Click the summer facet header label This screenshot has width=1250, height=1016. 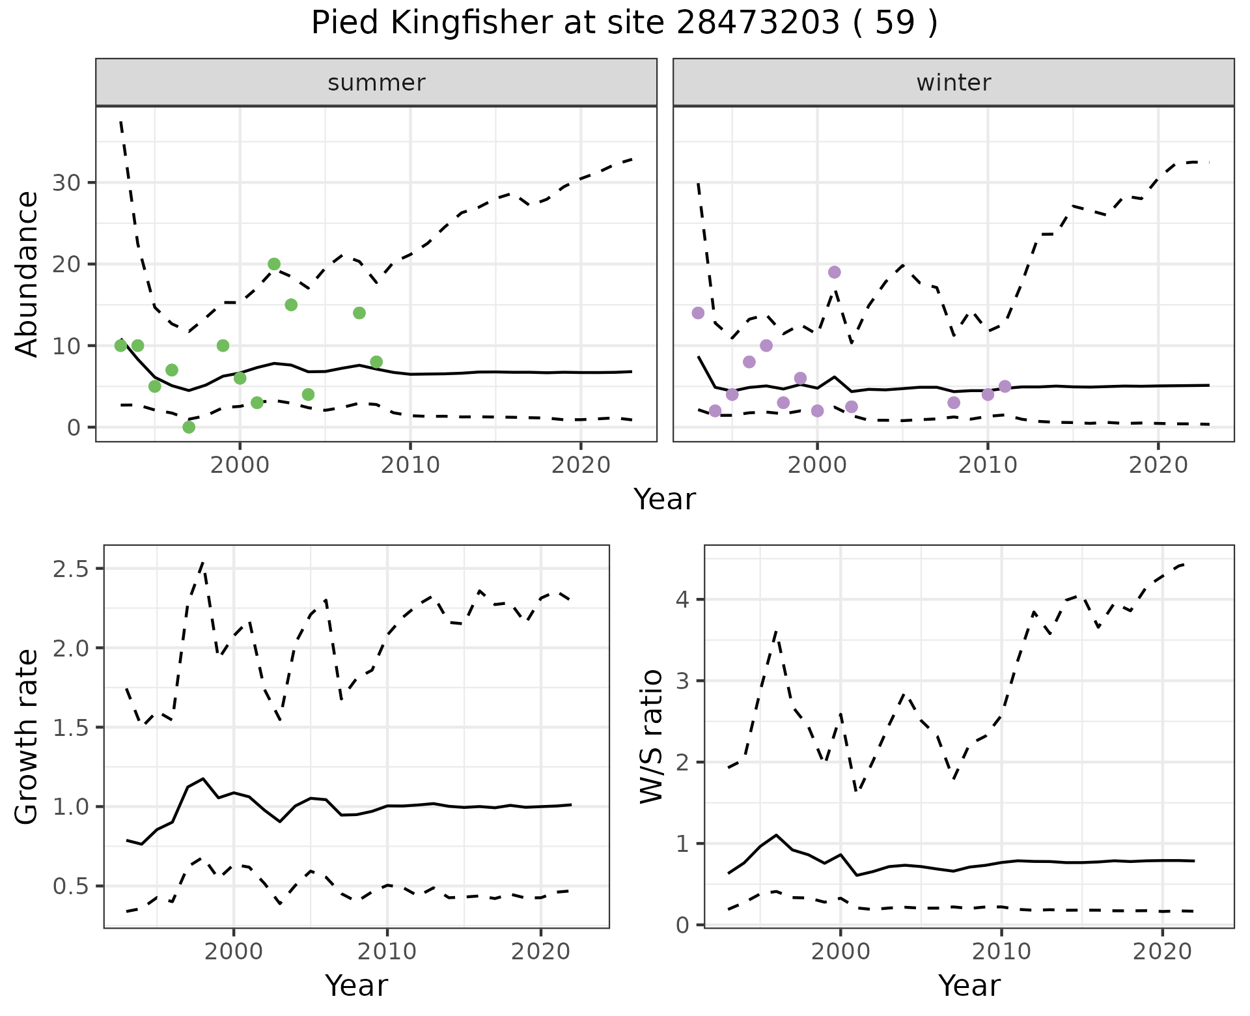(x=376, y=83)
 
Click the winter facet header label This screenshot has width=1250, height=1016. (x=953, y=83)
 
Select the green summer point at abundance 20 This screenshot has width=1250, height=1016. (x=274, y=264)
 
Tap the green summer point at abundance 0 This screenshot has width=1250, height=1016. (x=189, y=427)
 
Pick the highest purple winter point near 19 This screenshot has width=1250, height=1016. (x=835, y=272)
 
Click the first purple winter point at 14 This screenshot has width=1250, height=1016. (x=698, y=313)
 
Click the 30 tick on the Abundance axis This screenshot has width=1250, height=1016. (x=66, y=182)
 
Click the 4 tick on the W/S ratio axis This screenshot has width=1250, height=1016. (x=683, y=599)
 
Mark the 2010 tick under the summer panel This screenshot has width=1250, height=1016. (x=410, y=465)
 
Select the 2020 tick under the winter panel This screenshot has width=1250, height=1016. (x=1158, y=465)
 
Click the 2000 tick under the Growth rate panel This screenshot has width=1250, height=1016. (x=234, y=952)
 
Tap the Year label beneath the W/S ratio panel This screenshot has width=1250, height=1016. (x=969, y=985)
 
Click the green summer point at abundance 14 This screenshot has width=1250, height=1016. (x=359, y=313)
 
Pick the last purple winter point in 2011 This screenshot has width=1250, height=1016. (x=1005, y=386)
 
